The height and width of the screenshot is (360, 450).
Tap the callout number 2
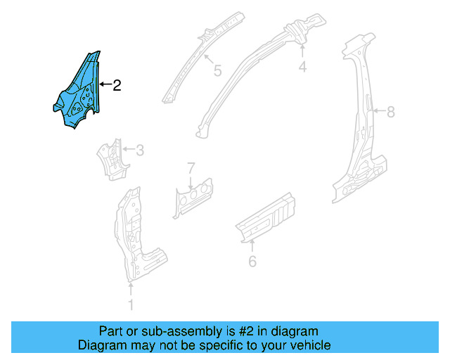pos(117,86)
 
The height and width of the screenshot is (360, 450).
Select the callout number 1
pos(129,304)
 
